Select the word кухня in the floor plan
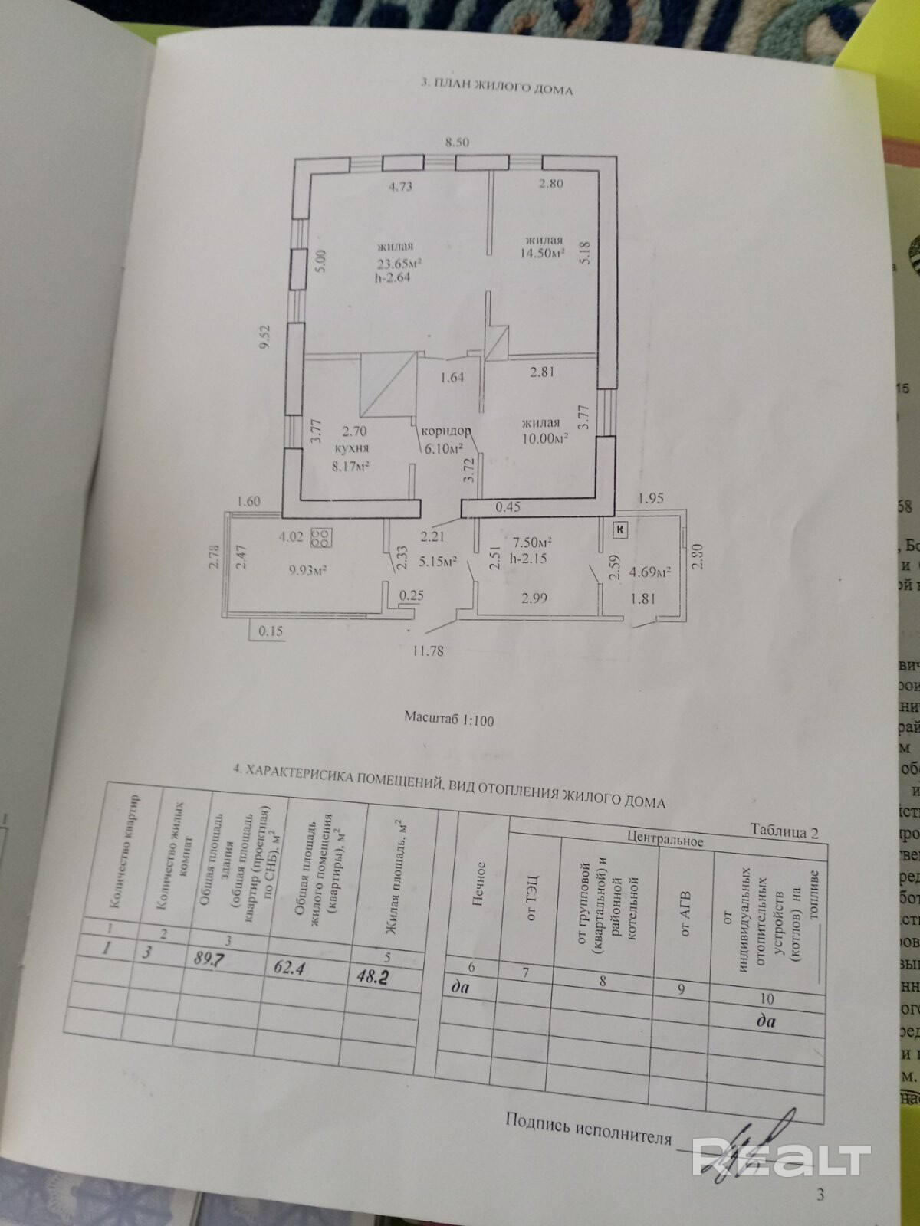(x=353, y=450)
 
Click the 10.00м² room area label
(x=545, y=438)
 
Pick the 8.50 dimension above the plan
(x=458, y=142)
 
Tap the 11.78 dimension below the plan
(x=428, y=651)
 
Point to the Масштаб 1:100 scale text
(x=449, y=720)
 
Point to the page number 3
(x=821, y=1195)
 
